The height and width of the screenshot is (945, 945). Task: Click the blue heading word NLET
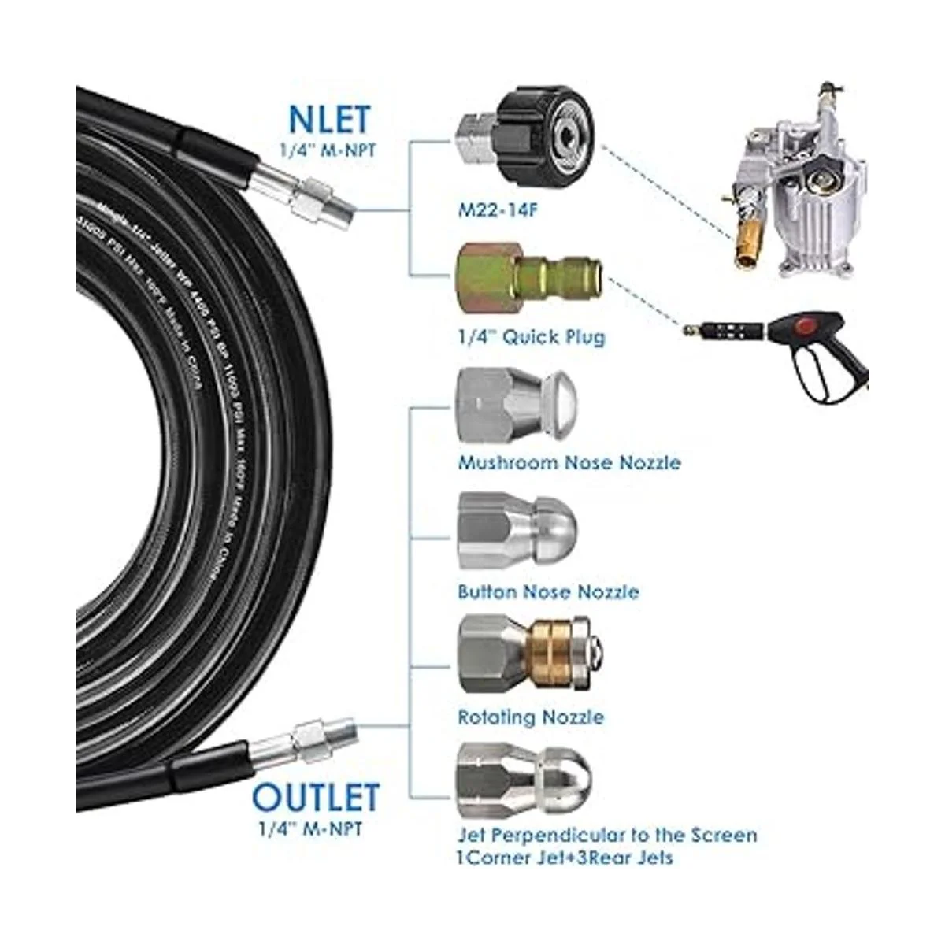[x=329, y=119]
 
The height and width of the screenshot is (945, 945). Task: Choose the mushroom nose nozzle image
[x=517, y=407]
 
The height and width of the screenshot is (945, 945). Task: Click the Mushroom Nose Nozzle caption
[x=569, y=462]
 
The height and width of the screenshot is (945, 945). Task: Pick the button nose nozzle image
[x=517, y=525]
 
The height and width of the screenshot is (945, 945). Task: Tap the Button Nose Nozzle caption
[x=548, y=591]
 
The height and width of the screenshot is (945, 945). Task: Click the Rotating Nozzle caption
[x=531, y=717]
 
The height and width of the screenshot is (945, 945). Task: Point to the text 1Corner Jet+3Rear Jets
[x=565, y=858]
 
